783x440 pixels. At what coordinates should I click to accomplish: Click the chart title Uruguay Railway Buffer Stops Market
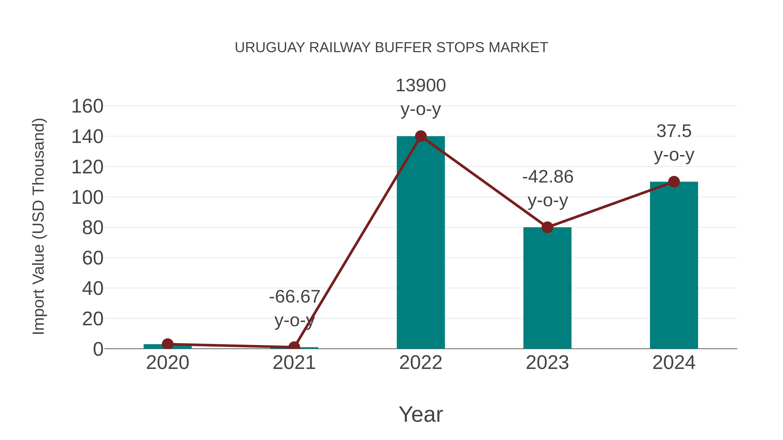pyautogui.click(x=391, y=47)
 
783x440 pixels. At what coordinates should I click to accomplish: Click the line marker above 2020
pyautogui.click(x=167, y=344)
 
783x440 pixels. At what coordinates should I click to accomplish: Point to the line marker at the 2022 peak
pyautogui.click(x=421, y=136)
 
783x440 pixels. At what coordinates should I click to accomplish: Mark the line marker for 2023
pyautogui.click(x=547, y=227)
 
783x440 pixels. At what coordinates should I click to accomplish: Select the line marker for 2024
pyautogui.click(x=674, y=182)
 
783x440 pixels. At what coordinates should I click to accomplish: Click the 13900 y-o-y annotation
pyautogui.click(x=421, y=97)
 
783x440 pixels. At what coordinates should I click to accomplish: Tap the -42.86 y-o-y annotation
pyautogui.click(x=547, y=188)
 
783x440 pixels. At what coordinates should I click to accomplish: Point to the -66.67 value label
pyautogui.click(x=294, y=297)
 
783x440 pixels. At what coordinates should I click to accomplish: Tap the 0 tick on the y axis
pyautogui.click(x=98, y=349)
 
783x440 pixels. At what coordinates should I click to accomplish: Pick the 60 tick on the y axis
pyautogui.click(x=93, y=258)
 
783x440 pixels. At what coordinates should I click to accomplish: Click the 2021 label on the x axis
pyautogui.click(x=294, y=363)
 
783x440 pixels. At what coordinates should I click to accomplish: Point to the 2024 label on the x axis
pyautogui.click(x=674, y=363)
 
